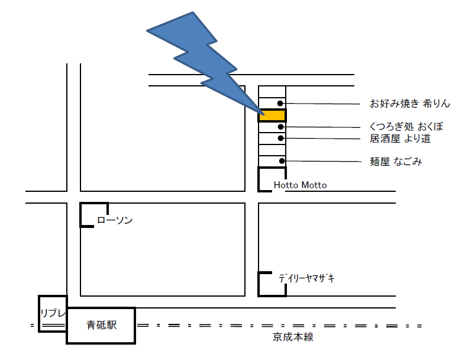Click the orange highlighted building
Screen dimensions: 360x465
[272, 115]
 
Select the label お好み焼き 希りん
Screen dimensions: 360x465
[410, 104]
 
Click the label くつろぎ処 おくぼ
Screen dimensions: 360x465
[406, 127]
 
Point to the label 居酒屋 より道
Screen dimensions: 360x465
[399, 139]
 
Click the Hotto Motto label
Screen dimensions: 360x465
[300, 185]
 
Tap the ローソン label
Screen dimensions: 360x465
[115, 220]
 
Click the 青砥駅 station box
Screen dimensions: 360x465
[101, 325]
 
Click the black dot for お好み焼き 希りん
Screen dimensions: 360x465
[280, 104]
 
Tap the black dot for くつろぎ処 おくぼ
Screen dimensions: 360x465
[281, 127]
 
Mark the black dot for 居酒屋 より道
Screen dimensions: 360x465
[281, 138]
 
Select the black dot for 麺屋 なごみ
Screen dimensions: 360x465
[282, 161]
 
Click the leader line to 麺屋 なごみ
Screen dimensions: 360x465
[325, 161]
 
